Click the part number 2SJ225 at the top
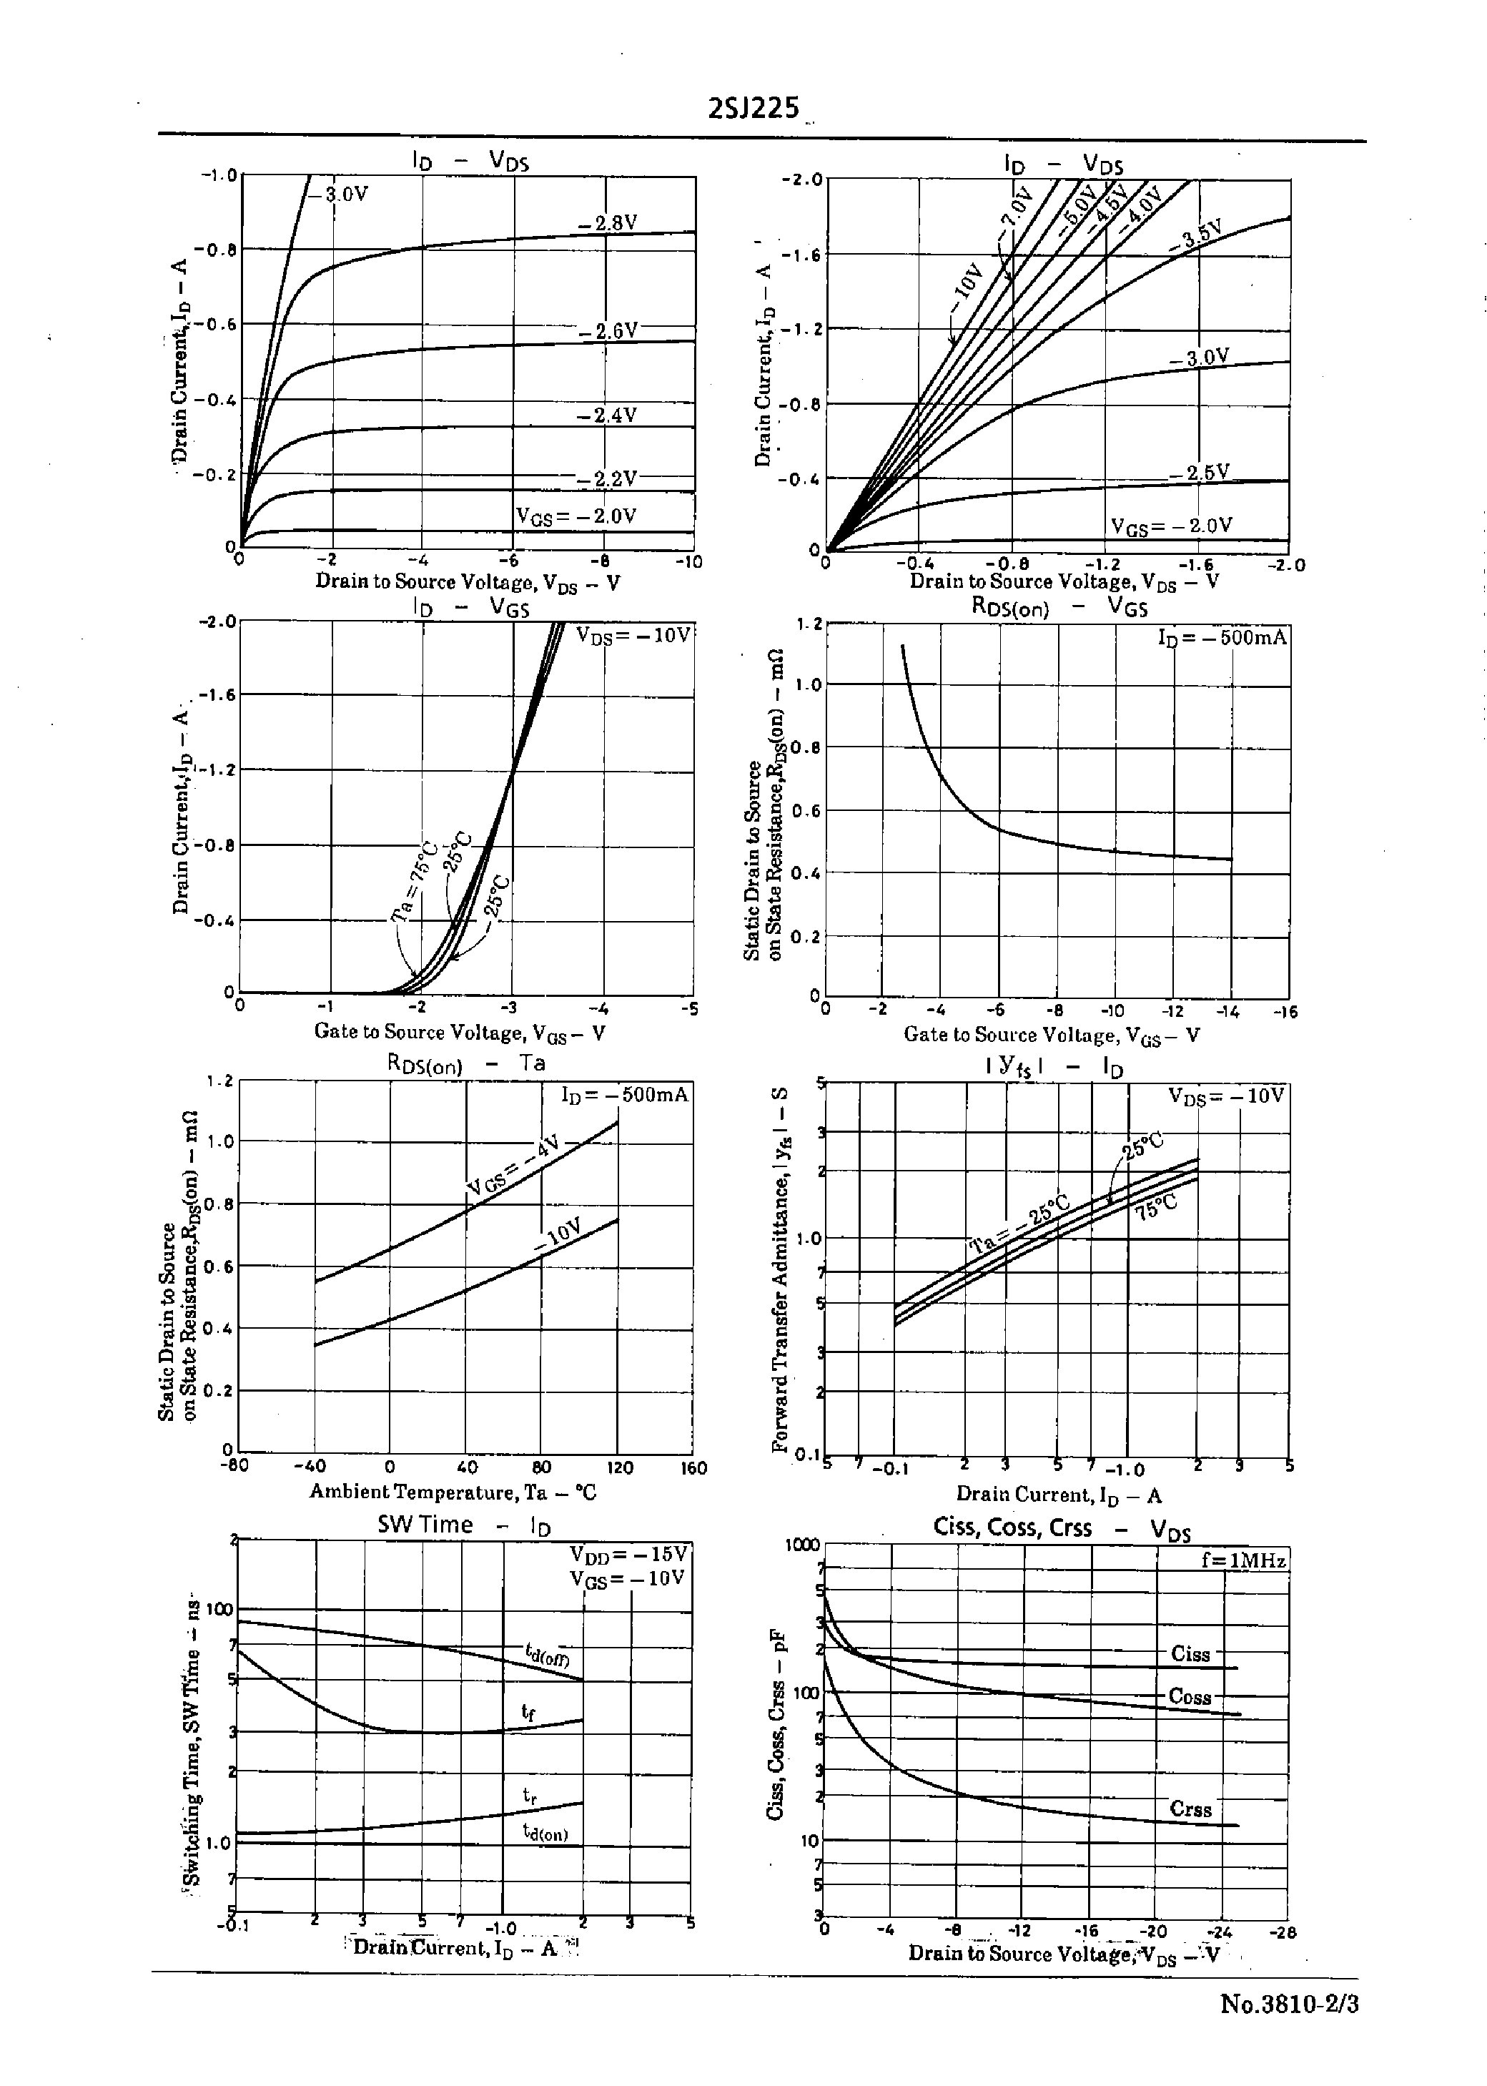754,109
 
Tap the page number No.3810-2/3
1289,2004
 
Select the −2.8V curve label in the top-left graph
607,223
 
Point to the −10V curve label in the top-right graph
967,283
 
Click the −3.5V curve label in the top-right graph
1197,235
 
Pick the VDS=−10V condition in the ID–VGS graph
633,636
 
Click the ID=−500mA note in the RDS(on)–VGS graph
1222,637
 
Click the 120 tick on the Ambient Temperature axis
620,1468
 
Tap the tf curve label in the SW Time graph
528,1711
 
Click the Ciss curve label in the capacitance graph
1190,1654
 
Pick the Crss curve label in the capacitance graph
1190,1809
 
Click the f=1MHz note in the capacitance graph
1243,1560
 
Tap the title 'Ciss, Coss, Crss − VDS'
1061,1528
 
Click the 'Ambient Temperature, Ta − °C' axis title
453,1492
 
